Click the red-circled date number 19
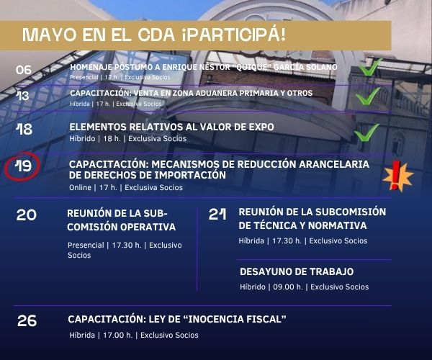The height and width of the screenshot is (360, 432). tap(24, 166)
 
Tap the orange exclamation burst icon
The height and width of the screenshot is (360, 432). tap(398, 176)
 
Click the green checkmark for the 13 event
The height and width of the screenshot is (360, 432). tap(368, 96)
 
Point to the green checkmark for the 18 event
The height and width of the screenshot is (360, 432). tap(366, 132)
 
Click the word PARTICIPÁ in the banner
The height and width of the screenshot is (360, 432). tap(233, 35)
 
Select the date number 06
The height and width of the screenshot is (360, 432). tap(24, 70)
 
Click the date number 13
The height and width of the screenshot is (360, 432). tap(22, 96)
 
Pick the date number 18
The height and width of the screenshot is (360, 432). tap(24, 129)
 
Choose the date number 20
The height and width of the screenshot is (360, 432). tap(27, 215)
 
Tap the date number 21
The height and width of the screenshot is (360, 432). tap(217, 214)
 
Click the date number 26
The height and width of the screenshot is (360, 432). tap(27, 320)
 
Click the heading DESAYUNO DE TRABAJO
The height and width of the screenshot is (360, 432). tap(297, 271)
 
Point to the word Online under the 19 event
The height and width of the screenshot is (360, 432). tap(80, 188)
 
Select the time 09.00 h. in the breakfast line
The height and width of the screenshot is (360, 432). tap(288, 287)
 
